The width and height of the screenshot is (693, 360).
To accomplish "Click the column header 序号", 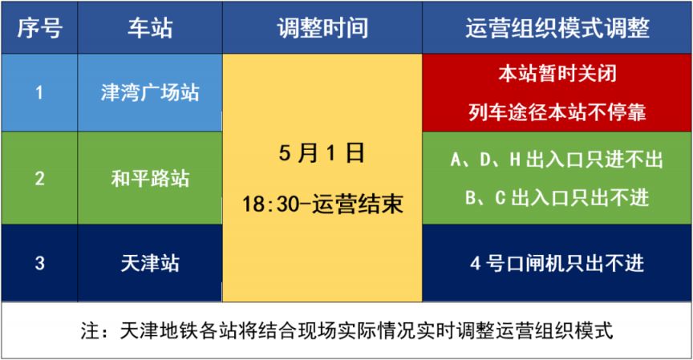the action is [x=40, y=28].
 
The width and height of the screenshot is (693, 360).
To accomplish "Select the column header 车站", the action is [x=150, y=28].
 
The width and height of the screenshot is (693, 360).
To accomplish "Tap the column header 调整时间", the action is [x=322, y=28].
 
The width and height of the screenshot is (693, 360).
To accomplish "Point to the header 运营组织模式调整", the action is [x=557, y=28].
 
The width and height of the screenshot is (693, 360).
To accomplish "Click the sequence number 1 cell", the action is [x=39, y=93].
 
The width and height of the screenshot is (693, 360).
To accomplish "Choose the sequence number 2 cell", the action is [x=39, y=179].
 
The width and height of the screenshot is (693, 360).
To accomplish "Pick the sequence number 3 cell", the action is [x=39, y=263].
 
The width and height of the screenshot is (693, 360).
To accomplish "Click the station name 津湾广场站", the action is [x=150, y=93].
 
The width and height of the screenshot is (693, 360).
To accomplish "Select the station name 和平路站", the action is [x=150, y=179].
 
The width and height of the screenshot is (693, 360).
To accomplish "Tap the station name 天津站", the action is [x=150, y=263].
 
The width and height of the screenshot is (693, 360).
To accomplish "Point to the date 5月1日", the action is [x=322, y=153].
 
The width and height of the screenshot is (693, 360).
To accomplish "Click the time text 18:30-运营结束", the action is [x=322, y=204].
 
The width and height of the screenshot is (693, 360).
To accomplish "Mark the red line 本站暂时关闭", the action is [x=557, y=74].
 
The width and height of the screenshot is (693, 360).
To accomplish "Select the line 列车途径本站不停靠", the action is [x=557, y=112].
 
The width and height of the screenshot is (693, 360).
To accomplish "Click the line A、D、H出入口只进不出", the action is [x=557, y=159].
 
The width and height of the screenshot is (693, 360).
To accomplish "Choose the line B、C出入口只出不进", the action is [x=557, y=197].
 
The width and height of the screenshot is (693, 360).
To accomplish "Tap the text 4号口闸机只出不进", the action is [x=557, y=263].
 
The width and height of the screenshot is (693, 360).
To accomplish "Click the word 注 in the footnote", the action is [x=90, y=330].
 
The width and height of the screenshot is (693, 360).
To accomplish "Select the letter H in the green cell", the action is [x=514, y=160].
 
